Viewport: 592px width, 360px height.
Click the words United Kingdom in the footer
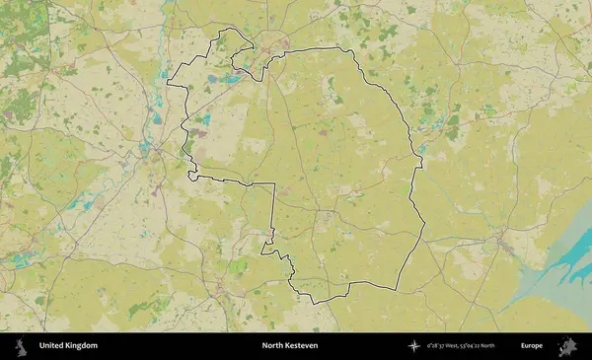point(68,346)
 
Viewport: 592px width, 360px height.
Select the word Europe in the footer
point(531,346)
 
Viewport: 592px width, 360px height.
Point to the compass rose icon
point(415,346)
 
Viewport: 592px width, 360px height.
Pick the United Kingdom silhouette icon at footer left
point(19,346)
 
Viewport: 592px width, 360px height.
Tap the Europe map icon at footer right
point(567,346)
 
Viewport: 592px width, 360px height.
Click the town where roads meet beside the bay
point(503,241)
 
